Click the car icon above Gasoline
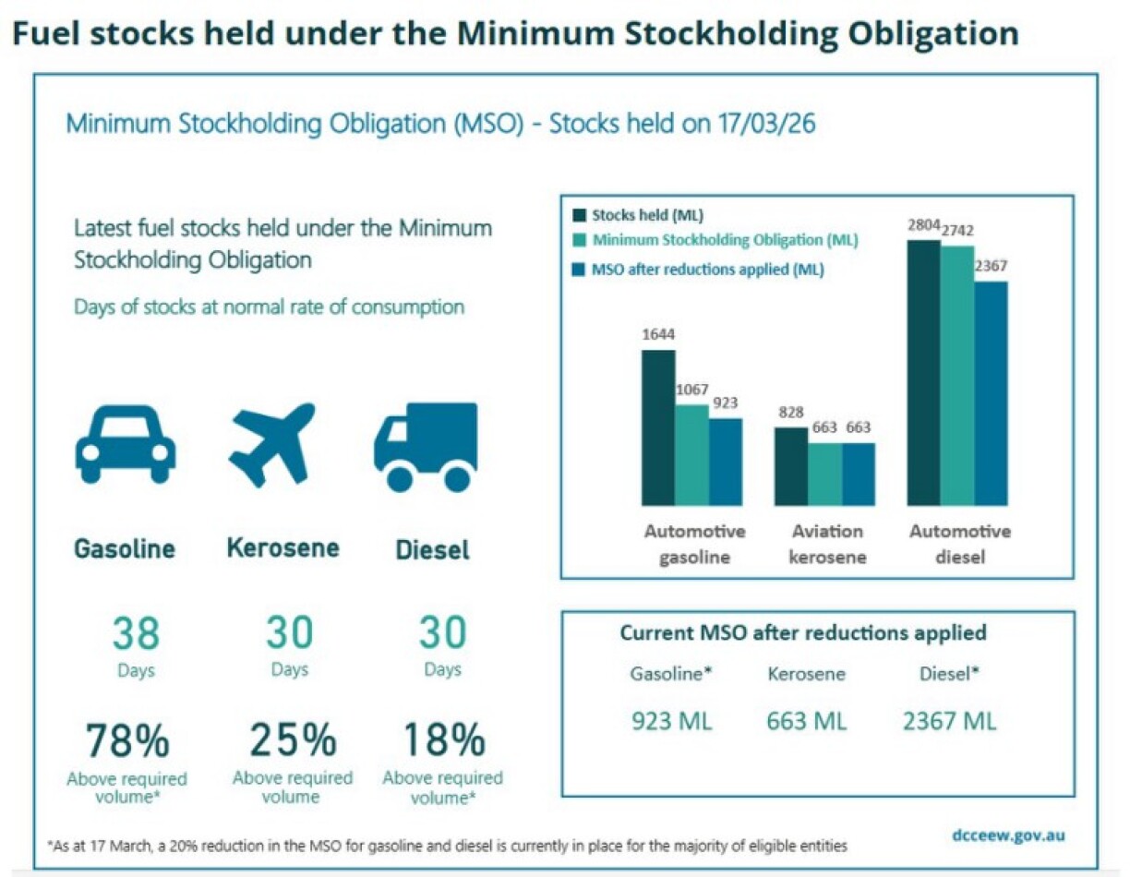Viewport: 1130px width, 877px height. [126, 444]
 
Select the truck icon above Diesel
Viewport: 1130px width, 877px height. [426, 447]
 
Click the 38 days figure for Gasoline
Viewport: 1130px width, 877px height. [136, 634]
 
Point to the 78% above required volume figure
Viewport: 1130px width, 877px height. [127, 740]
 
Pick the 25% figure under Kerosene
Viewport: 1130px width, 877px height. [292, 740]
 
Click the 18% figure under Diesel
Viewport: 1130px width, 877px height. [443, 740]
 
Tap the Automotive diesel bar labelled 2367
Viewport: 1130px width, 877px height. [991, 393]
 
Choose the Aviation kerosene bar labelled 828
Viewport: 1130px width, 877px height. [791, 466]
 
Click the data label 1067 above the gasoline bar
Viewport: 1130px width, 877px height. [691, 390]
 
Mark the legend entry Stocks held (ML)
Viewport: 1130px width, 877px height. [647, 216]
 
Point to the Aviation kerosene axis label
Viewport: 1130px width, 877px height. [828, 544]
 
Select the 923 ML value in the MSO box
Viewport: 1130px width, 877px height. [671, 721]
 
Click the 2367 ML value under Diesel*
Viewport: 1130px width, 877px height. [949, 721]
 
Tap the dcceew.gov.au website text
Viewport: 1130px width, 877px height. [1008, 835]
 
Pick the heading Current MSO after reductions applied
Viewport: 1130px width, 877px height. [802, 633]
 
